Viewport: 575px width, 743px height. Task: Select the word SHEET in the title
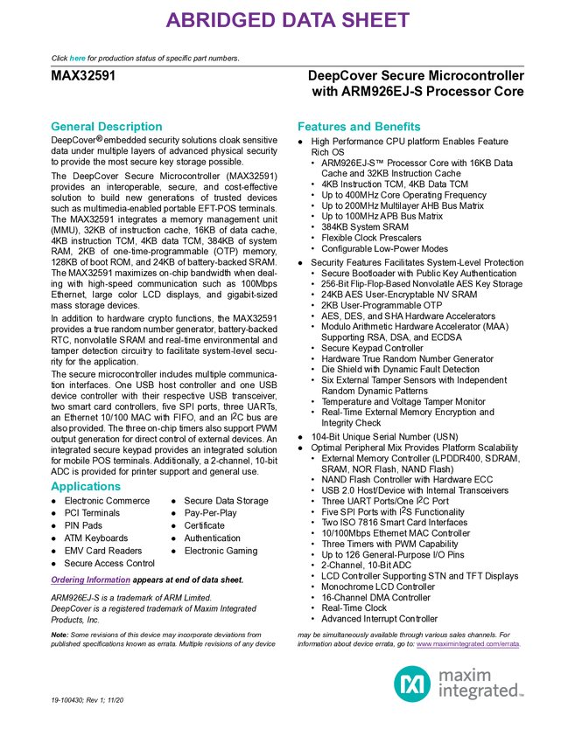[375, 22]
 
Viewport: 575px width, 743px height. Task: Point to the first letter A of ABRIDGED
[172, 22]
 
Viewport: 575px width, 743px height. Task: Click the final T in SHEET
[403, 22]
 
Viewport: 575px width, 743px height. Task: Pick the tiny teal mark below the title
[77, 59]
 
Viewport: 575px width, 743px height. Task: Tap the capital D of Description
[101, 127]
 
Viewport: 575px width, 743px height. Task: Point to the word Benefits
[399, 127]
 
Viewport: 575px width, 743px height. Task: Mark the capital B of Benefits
[380, 127]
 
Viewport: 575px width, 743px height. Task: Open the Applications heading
[86, 487]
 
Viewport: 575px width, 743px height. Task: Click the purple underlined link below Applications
[90, 580]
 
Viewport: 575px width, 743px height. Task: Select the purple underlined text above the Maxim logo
[467, 646]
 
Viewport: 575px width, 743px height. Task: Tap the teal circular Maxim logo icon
[411, 684]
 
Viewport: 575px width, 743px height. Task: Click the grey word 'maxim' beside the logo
[465, 674]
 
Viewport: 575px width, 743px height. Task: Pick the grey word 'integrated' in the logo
[478, 692]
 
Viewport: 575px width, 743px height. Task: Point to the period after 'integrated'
[522, 696]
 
